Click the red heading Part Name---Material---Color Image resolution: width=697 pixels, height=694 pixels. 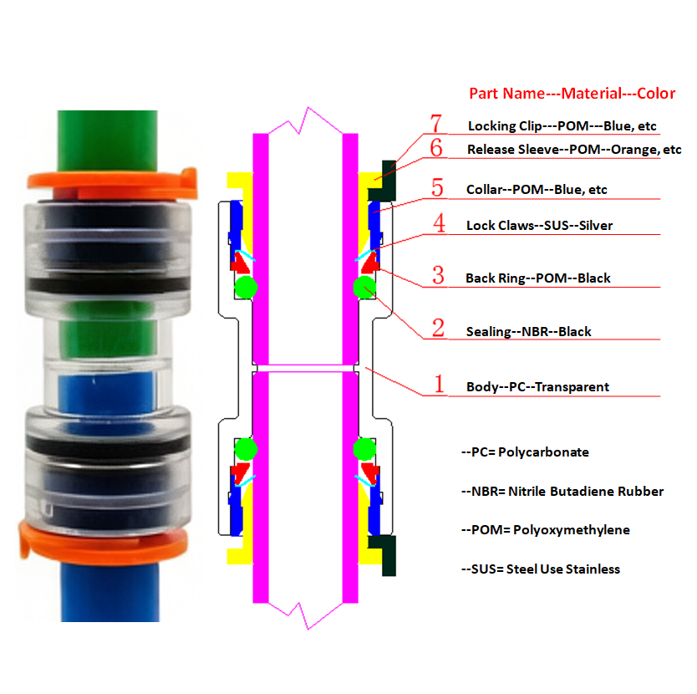(x=572, y=94)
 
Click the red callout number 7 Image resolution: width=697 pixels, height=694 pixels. (x=436, y=124)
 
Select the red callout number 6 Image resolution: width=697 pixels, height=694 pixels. (x=436, y=148)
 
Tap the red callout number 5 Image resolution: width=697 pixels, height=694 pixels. (x=436, y=187)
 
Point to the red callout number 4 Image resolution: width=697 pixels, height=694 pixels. (x=438, y=224)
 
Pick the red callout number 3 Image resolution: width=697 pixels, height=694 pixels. (x=437, y=275)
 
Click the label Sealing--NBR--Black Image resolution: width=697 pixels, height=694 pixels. (x=528, y=331)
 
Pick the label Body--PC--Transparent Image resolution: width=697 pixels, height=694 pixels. (x=537, y=386)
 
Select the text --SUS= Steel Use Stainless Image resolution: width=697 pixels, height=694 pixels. (x=540, y=569)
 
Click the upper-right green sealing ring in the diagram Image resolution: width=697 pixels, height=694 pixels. (x=364, y=288)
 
